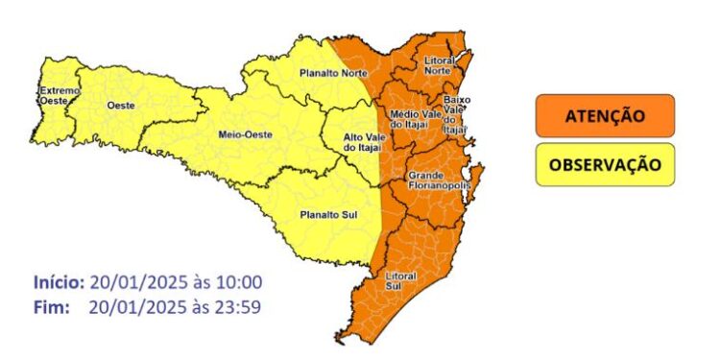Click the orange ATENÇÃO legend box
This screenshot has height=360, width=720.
pyautogui.click(x=604, y=116)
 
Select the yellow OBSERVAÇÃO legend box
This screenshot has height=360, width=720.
pyautogui.click(x=604, y=164)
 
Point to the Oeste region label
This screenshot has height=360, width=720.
pyautogui.click(x=121, y=105)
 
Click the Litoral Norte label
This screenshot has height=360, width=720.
pyautogui.click(x=439, y=65)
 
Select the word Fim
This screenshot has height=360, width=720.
pyautogui.click(x=51, y=307)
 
